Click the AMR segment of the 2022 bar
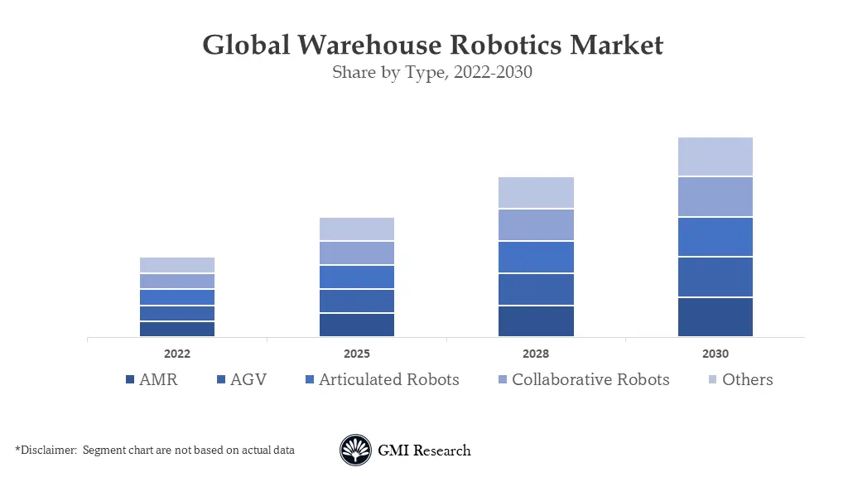point(177,329)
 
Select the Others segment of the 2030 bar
point(715,157)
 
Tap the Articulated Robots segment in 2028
point(536,257)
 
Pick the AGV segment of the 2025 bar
point(356,301)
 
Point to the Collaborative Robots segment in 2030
point(715,196)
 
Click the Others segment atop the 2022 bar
point(177,265)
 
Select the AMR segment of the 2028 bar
point(536,320)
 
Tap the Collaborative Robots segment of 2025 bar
point(356,253)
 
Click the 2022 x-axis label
point(177,354)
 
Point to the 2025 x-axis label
point(356,354)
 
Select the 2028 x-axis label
point(536,354)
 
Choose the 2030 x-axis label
point(715,354)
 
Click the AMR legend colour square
point(129,380)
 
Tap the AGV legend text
point(248,379)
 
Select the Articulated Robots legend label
point(388,379)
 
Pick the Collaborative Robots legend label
point(590,379)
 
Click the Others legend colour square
point(712,380)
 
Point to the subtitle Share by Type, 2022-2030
point(431,72)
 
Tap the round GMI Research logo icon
point(355,450)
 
